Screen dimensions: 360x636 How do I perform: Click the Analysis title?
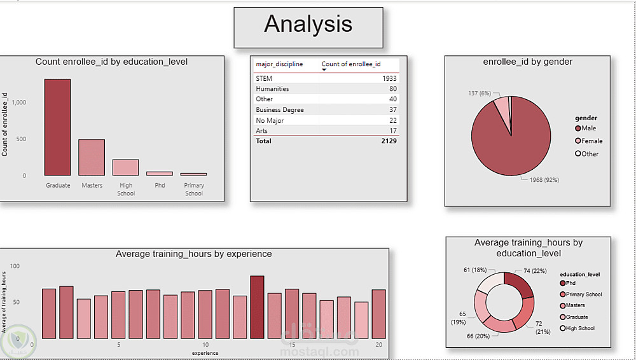click(308, 24)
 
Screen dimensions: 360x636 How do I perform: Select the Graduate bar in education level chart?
click(57, 127)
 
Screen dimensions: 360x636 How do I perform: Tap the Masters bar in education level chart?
click(92, 157)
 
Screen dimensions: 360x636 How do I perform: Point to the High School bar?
click(126, 167)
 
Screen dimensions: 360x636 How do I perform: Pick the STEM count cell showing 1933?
click(389, 78)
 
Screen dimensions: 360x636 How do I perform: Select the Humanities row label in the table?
click(272, 89)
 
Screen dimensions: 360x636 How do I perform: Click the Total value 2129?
click(389, 141)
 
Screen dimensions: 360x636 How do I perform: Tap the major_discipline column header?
click(279, 64)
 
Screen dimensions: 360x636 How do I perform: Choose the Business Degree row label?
click(280, 110)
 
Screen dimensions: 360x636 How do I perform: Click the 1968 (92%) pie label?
click(544, 180)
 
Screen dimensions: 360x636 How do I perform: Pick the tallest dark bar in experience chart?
click(257, 307)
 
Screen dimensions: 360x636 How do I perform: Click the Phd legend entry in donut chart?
click(571, 283)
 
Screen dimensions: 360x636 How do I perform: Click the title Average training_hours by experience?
click(193, 254)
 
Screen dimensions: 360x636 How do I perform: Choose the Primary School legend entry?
click(583, 294)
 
